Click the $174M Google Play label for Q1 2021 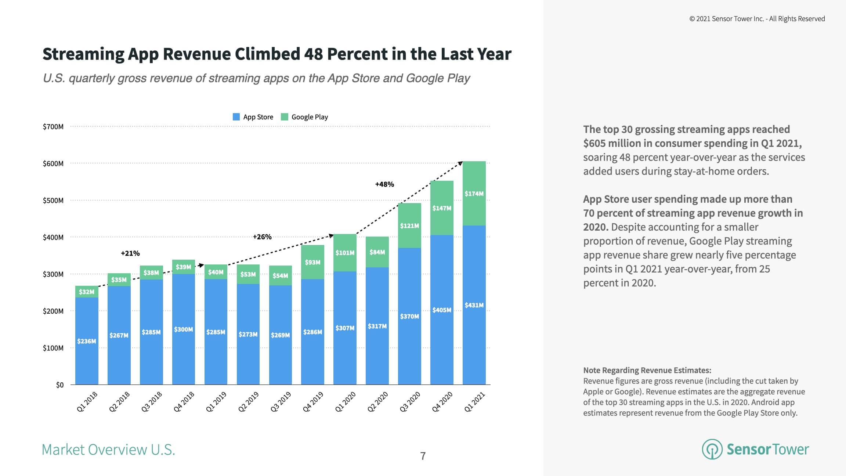[474, 194]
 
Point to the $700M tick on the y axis [53, 127]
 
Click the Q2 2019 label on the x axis [249, 401]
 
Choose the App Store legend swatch [236, 117]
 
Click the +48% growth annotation [384, 184]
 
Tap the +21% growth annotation [130, 253]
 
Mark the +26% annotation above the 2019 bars [262, 237]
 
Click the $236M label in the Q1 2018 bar [87, 341]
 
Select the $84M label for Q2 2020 [377, 252]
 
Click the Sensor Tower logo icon [712, 449]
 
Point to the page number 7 [423, 456]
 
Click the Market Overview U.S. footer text [108, 450]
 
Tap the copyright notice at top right [757, 19]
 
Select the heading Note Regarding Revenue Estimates [647, 370]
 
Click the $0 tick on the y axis [59, 385]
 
